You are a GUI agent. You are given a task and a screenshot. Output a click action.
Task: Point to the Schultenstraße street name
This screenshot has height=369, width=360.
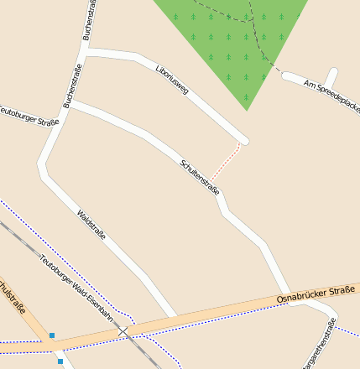tap(200, 177)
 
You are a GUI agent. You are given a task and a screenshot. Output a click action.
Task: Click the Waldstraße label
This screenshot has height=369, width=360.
tap(91, 225)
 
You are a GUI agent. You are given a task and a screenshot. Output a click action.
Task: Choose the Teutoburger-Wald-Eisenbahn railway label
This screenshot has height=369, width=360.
tap(76, 285)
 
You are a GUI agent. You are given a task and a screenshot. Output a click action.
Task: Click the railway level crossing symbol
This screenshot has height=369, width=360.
tap(124, 333)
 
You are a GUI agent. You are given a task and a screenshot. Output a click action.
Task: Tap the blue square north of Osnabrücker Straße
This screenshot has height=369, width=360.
tap(52, 335)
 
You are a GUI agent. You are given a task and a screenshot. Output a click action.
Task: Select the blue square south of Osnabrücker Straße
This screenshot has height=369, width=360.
tap(60, 361)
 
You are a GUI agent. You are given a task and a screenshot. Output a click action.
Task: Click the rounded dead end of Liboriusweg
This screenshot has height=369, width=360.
tap(243, 139)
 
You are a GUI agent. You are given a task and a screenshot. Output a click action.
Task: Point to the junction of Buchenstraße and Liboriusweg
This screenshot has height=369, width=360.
tap(87, 54)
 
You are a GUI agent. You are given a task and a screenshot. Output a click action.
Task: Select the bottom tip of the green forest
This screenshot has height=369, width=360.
tap(247, 110)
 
